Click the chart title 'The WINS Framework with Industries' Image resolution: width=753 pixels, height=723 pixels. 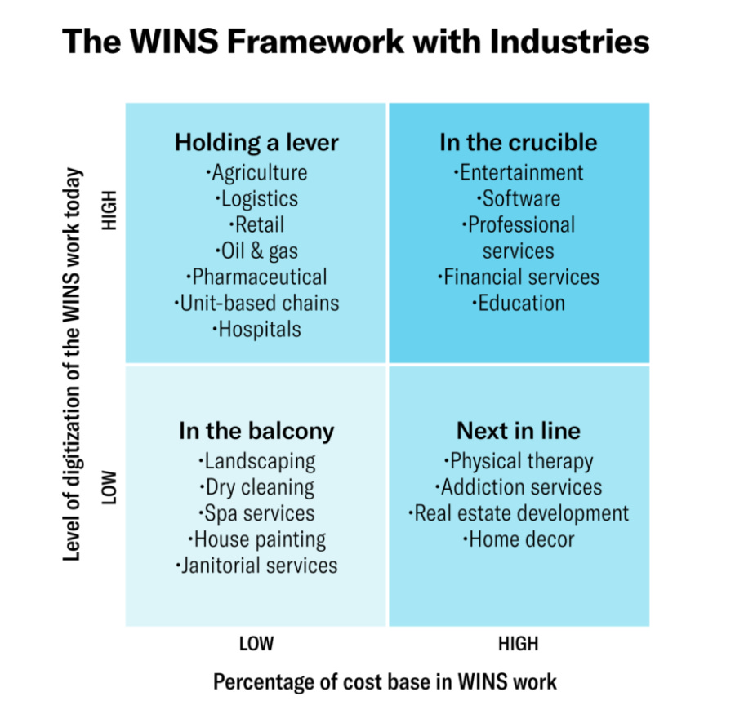(x=356, y=42)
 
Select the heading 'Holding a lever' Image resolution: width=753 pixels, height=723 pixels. (x=256, y=143)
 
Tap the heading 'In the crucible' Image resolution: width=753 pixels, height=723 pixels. (x=519, y=143)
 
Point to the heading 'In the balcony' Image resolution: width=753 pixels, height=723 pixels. (x=256, y=431)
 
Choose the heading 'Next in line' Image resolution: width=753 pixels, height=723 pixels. (x=519, y=431)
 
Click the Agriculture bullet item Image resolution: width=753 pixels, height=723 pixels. (x=256, y=173)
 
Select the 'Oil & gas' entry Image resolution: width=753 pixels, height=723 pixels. (x=256, y=251)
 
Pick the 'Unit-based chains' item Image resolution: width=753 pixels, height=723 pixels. (x=256, y=303)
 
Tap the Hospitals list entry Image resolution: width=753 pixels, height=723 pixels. (x=256, y=329)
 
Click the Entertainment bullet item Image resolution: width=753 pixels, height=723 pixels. (x=519, y=173)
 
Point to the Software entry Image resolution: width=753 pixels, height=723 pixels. (x=519, y=199)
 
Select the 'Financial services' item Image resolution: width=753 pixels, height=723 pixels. (x=519, y=277)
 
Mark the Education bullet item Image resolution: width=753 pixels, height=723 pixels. (x=519, y=303)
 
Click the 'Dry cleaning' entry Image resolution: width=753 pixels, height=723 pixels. (x=256, y=487)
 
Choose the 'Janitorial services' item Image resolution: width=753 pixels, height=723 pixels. (x=256, y=565)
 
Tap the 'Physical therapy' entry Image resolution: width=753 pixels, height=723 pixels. (x=519, y=461)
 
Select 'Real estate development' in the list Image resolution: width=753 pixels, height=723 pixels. (x=519, y=513)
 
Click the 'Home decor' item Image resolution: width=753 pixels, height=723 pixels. (x=519, y=539)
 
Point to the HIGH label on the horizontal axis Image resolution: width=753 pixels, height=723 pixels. (x=519, y=644)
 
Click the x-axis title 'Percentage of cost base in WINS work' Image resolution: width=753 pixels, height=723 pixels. (x=385, y=681)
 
